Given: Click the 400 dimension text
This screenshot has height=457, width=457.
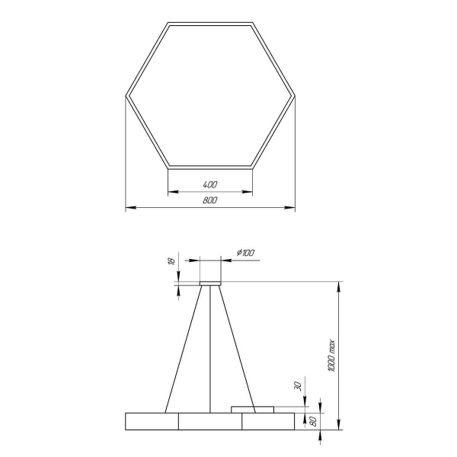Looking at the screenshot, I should point(210,185).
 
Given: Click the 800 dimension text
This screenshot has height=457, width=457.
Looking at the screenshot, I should point(210,200).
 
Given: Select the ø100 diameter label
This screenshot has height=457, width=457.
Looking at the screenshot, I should point(245,253).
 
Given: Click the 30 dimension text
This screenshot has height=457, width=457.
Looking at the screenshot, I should point(304,386).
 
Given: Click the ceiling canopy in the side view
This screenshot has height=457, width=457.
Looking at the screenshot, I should point(210,283).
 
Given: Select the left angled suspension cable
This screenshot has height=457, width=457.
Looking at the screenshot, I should point(183,347).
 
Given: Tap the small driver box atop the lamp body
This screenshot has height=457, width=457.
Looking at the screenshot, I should point(252,409).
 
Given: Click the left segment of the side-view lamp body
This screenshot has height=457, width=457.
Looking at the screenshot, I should point(152,420).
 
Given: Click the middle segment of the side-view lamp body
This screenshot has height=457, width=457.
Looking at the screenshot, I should point(210,420).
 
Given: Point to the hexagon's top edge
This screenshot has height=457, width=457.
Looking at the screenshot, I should point(210,24).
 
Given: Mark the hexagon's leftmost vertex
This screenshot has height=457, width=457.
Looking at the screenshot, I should point(126,95).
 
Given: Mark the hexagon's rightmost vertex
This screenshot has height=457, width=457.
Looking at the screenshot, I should point(295,95).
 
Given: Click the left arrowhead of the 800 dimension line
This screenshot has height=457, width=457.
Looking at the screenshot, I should point(129,206).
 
